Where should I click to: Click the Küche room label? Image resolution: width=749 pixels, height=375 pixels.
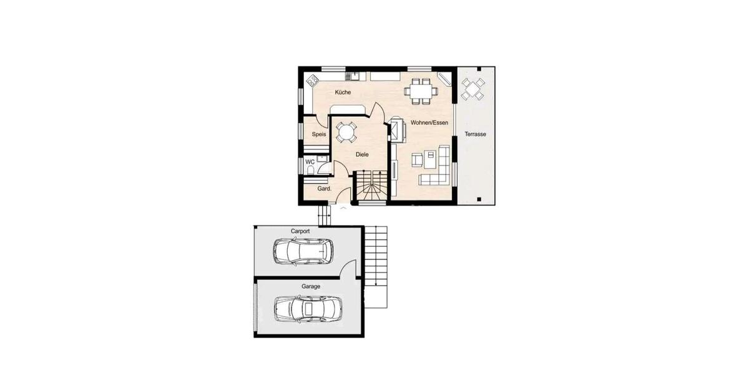click(343, 92)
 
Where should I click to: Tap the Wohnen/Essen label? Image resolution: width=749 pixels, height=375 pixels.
click(429, 123)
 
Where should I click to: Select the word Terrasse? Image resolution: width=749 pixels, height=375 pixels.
click(476, 134)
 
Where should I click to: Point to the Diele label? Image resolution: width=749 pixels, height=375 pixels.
click(362, 154)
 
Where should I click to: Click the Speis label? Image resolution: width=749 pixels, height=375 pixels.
click(319, 134)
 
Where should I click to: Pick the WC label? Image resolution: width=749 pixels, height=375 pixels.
click(310, 162)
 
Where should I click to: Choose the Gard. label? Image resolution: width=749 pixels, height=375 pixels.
click(324, 188)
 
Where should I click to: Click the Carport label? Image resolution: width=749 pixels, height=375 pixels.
click(300, 231)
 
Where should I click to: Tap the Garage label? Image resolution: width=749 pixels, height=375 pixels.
click(311, 286)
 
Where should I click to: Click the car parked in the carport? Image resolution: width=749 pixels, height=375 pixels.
click(303, 251)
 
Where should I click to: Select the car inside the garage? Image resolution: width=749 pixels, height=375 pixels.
click(308, 307)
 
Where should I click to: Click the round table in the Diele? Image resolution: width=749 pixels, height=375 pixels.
click(345, 132)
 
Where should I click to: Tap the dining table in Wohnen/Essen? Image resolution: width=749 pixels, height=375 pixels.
click(420, 91)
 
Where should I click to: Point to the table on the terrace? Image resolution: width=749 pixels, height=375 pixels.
click(473, 89)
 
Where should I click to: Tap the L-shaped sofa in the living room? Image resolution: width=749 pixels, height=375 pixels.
click(438, 170)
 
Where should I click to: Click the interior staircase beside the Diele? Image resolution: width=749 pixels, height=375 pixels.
click(371, 186)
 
